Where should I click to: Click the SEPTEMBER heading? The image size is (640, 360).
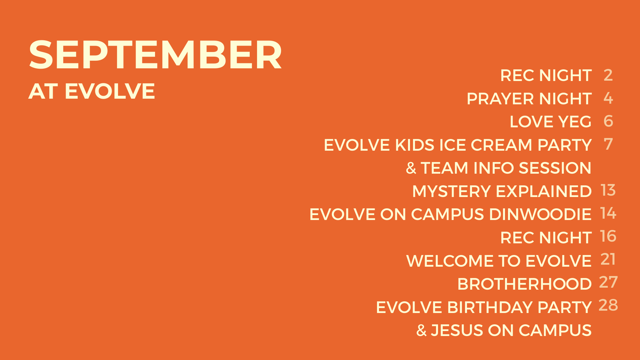pyautogui.click(x=155, y=55)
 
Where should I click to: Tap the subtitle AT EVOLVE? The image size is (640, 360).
pyautogui.click(x=92, y=91)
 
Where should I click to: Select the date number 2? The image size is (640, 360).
pyautogui.click(x=608, y=75)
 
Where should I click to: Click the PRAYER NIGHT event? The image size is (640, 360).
pyautogui.click(x=529, y=99)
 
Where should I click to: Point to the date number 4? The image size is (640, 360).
pyautogui.click(x=608, y=98)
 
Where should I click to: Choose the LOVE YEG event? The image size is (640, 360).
pyautogui.click(x=550, y=122)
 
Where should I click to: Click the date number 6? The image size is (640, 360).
pyautogui.click(x=608, y=121)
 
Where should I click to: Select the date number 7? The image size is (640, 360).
pyautogui.click(x=608, y=144)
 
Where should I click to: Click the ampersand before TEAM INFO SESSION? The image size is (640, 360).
pyautogui.click(x=411, y=168)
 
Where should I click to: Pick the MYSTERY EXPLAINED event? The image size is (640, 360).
pyautogui.click(x=502, y=191)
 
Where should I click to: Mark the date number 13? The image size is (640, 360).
pyautogui.click(x=608, y=190)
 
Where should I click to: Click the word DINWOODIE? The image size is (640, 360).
pyautogui.click(x=540, y=214)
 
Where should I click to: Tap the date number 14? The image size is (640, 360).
pyautogui.click(x=608, y=213)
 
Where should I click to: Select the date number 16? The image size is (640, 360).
pyautogui.click(x=608, y=236)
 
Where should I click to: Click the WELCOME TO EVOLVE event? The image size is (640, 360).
pyautogui.click(x=499, y=261)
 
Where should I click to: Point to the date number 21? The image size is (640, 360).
pyautogui.click(x=608, y=259)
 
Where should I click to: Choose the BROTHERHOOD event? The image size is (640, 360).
pyautogui.click(x=524, y=284)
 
